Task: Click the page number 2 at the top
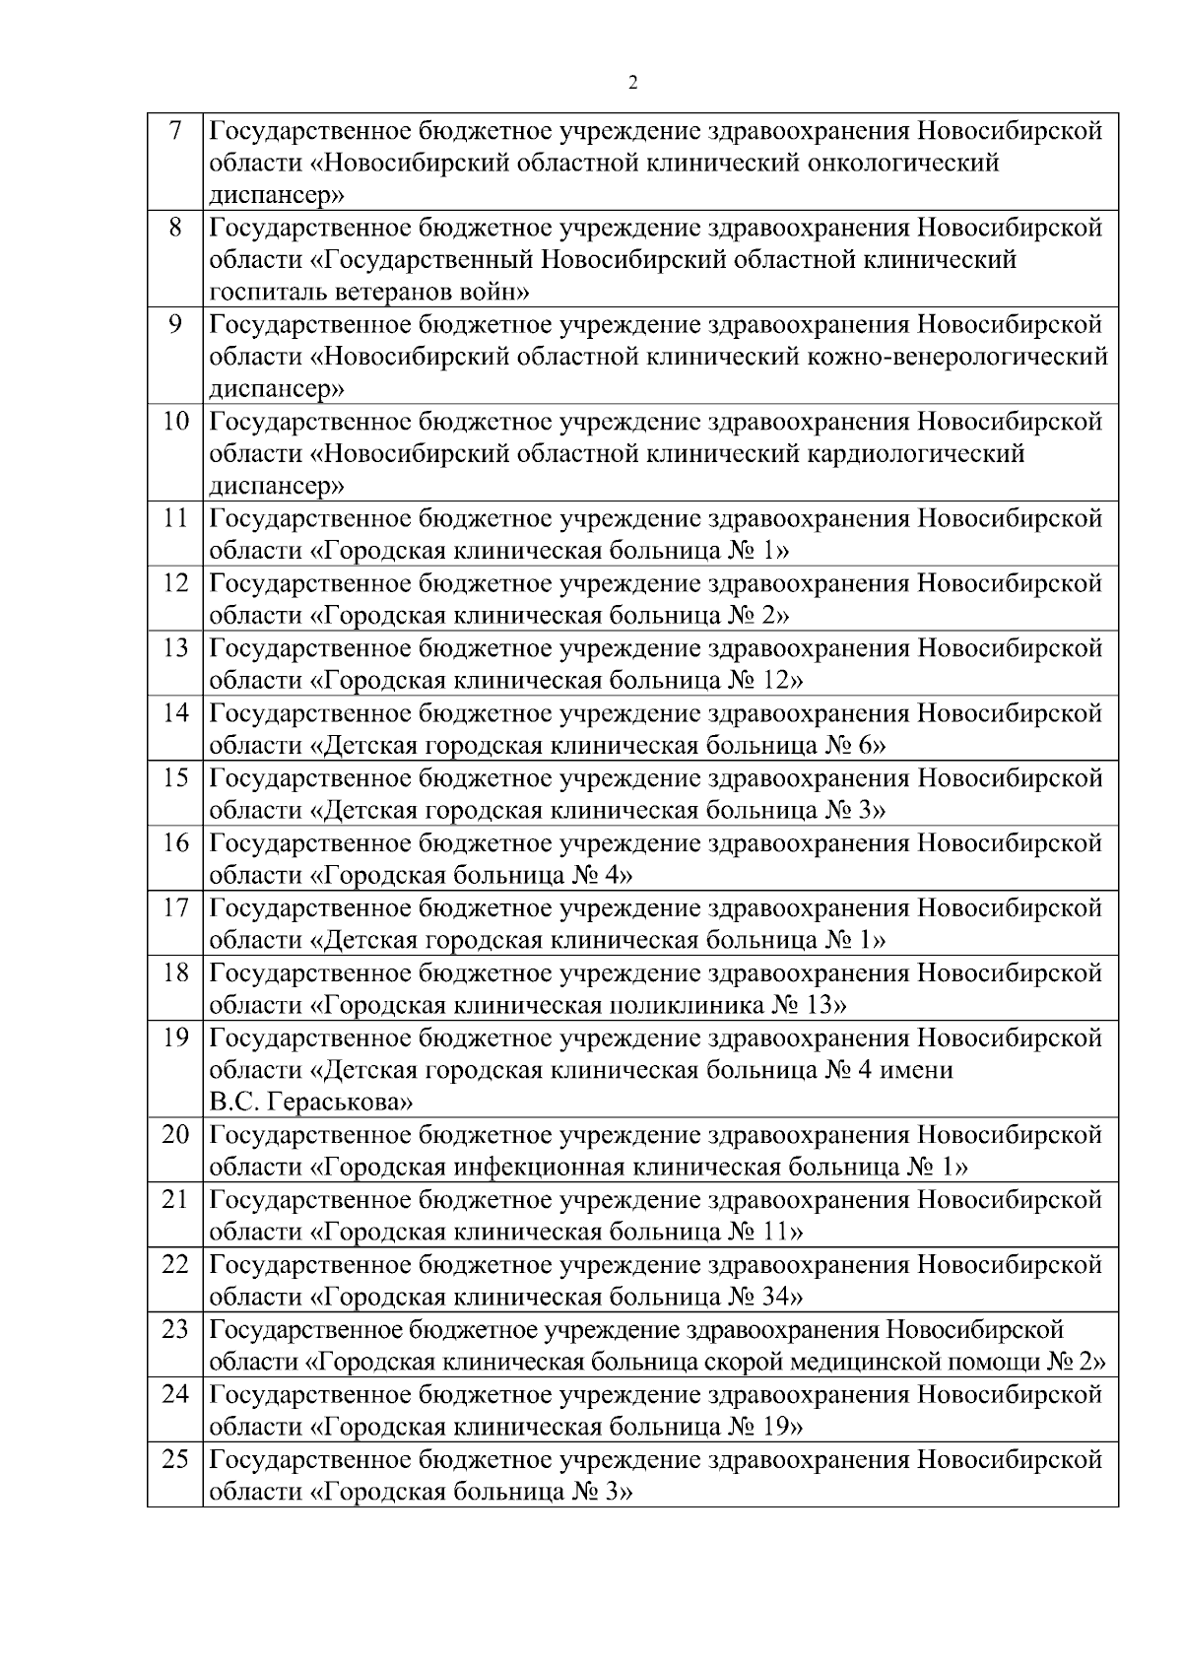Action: point(632,82)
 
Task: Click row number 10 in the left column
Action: point(175,422)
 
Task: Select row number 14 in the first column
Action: point(175,712)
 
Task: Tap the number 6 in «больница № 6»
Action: point(866,746)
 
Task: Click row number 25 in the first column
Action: point(175,1459)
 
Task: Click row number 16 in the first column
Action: point(175,843)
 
